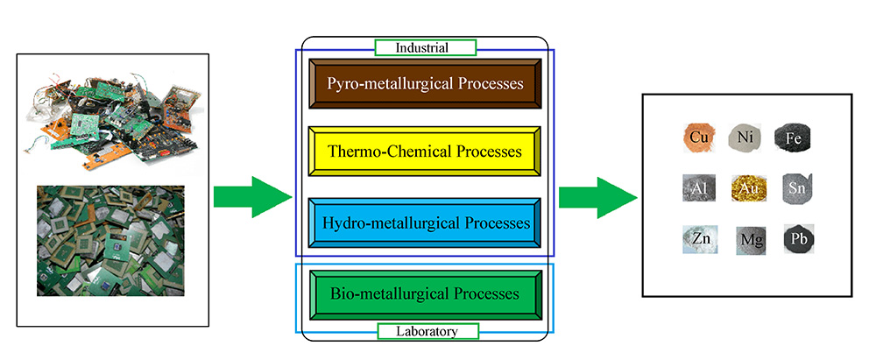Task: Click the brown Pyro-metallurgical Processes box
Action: [426, 84]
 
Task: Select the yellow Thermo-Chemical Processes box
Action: [426, 152]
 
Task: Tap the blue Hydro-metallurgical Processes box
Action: [426, 223]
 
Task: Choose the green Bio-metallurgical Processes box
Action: [426, 293]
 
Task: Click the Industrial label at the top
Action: [425, 47]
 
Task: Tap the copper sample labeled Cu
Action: [698, 138]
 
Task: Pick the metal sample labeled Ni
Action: [745, 138]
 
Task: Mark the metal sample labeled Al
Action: [698, 187]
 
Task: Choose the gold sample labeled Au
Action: [746, 187]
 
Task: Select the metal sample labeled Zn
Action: [698, 238]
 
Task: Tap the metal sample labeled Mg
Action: [746, 239]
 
